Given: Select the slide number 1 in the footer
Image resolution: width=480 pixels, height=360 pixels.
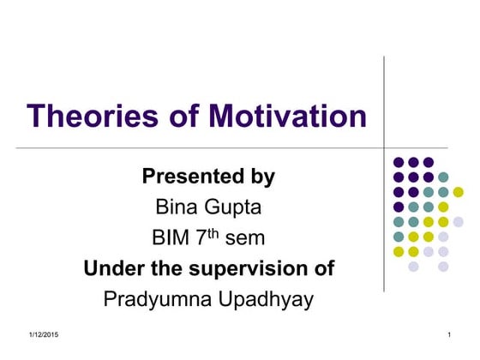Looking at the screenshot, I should [449, 333].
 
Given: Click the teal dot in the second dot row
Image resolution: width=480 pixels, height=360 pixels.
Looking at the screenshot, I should [443, 177].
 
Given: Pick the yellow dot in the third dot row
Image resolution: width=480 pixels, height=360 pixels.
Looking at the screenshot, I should [459, 191].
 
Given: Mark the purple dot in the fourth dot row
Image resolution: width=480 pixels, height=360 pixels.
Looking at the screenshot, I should [399, 207].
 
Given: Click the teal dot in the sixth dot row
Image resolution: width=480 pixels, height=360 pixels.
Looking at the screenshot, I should [399, 237].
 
